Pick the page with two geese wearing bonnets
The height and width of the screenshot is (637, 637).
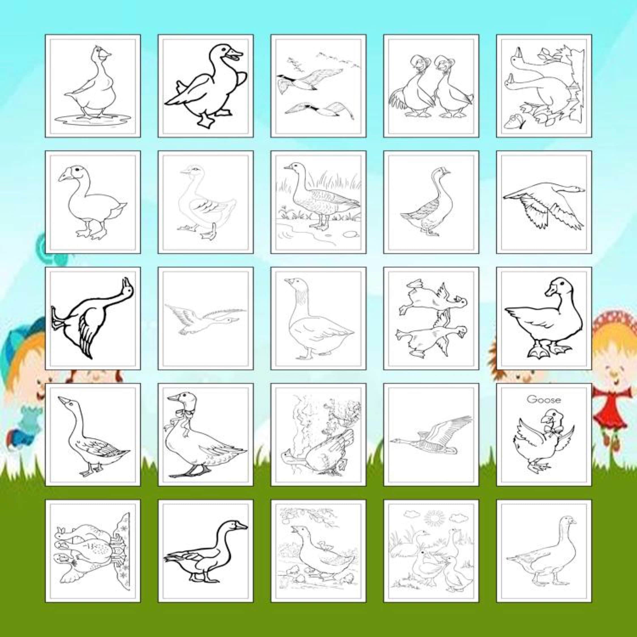[x=431, y=86]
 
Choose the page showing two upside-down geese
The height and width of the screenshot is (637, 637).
[x=431, y=318]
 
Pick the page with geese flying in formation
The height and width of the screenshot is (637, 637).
[x=318, y=86]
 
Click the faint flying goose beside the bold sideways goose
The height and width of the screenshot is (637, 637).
[x=206, y=319]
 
